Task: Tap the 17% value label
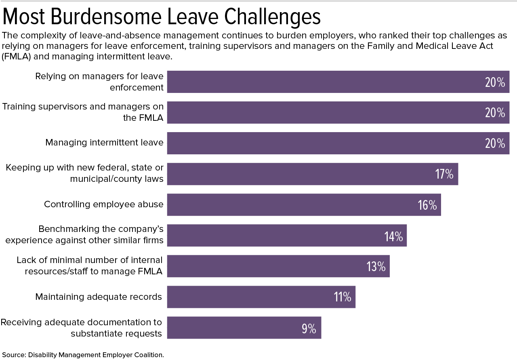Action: (444, 174)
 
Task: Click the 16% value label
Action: (427, 205)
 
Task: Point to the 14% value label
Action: (393, 236)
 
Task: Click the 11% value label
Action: (342, 297)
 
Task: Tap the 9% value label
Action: (309, 328)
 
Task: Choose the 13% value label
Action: (376, 267)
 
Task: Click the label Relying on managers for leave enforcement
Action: (99, 82)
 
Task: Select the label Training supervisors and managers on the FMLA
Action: (83, 112)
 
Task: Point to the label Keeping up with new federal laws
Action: (85, 173)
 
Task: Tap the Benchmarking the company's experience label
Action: (84, 234)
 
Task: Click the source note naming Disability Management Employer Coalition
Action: (83, 355)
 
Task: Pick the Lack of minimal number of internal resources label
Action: (90, 265)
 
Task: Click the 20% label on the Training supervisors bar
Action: (495, 113)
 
